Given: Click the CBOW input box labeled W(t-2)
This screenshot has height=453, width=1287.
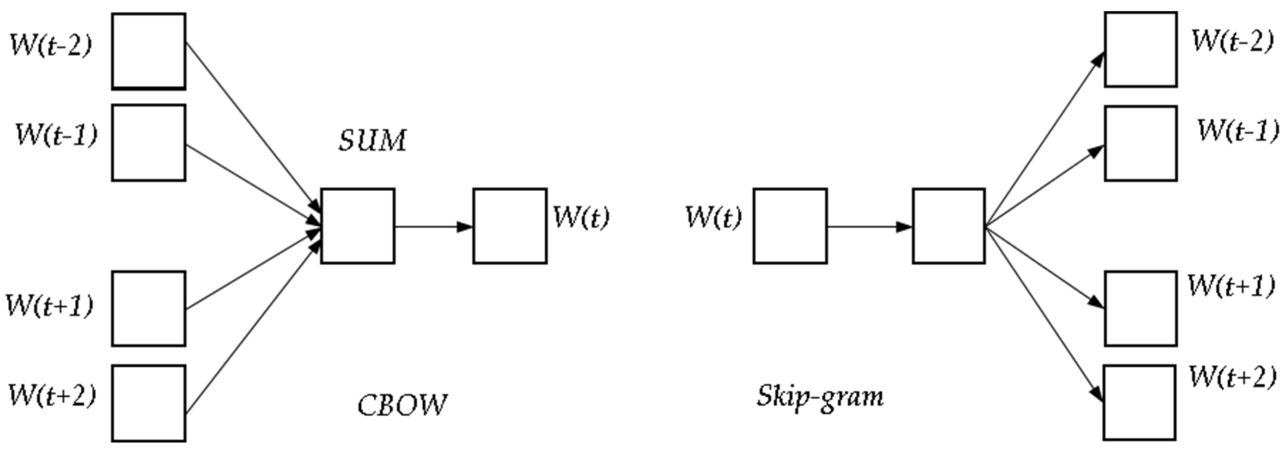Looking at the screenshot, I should (149, 52).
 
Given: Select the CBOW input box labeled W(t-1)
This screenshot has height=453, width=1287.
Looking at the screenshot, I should (149, 143).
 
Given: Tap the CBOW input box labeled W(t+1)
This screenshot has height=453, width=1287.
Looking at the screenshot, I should (149, 308).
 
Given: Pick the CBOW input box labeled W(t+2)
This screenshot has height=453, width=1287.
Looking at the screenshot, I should (149, 403).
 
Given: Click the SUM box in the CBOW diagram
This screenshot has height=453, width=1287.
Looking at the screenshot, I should (358, 226).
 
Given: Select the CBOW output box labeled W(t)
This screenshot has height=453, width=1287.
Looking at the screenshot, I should (510, 226).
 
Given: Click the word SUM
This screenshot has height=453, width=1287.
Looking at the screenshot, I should (372, 141).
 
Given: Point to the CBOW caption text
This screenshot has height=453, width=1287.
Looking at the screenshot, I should (402, 405).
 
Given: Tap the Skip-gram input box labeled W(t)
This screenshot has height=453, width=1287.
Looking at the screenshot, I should (790, 226).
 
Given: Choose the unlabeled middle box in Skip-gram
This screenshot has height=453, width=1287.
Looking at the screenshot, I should (949, 226).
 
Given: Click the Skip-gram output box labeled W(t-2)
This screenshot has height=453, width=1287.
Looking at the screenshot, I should (1140, 50).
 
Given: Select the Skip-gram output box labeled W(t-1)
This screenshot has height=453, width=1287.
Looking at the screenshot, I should (1140, 143).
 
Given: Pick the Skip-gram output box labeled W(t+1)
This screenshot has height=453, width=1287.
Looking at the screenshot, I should (1140, 308).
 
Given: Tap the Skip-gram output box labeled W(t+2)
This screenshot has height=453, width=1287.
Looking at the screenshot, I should (1140, 403).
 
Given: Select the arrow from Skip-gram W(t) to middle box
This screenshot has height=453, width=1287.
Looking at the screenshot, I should (869, 227).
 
